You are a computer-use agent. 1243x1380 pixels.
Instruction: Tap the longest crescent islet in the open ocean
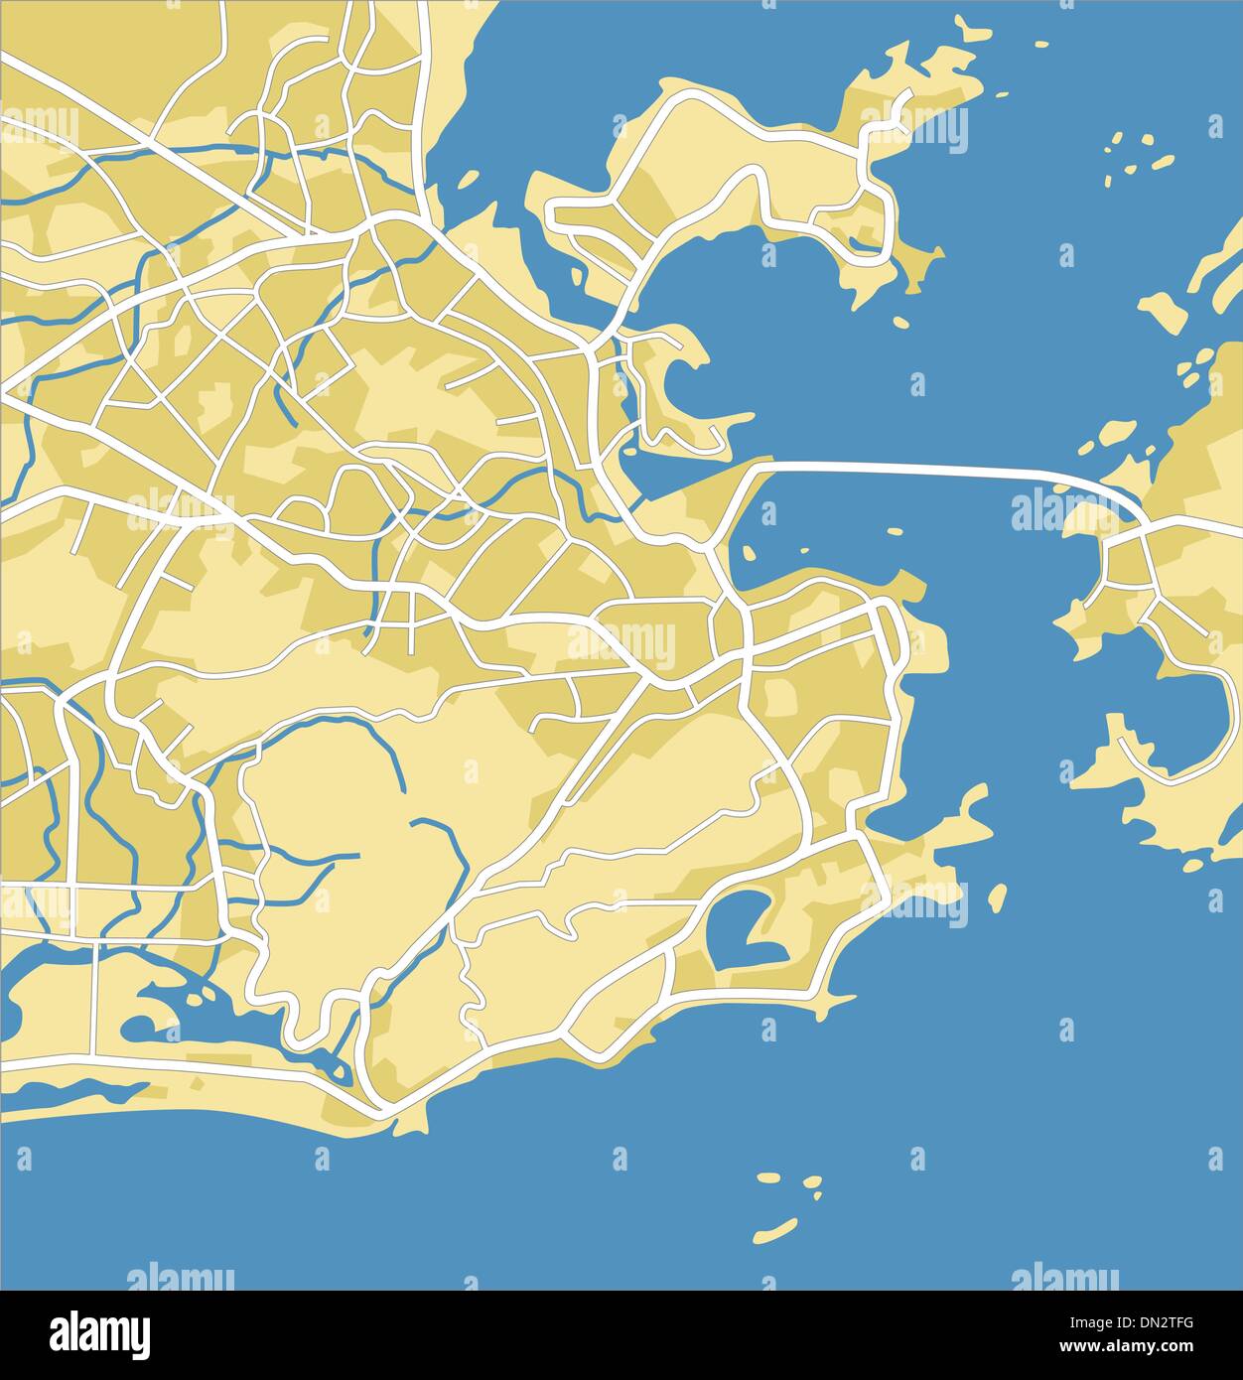point(775,1231)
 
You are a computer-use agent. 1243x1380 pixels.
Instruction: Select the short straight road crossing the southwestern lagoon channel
point(96,999)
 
